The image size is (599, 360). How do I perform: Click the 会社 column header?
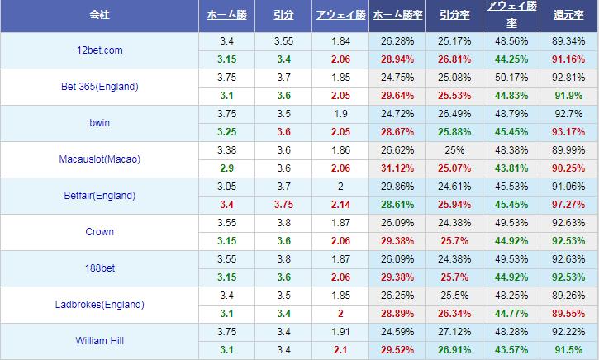click(99, 15)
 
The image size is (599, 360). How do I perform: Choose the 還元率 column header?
click(568, 15)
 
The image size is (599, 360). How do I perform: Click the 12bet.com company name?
click(99, 50)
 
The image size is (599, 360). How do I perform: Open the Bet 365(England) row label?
click(99, 87)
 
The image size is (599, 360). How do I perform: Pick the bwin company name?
click(99, 123)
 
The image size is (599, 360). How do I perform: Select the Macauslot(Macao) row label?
click(99, 159)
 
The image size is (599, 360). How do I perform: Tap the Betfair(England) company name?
click(99, 196)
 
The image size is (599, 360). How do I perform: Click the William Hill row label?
click(99, 340)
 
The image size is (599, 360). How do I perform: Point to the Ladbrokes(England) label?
click(99, 305)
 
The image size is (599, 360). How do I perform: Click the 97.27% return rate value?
click(568, 204)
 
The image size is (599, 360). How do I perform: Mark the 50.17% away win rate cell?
click(509, 78)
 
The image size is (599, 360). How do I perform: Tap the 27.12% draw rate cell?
click(454, 331)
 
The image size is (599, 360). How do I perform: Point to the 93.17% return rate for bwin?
click(568, 132)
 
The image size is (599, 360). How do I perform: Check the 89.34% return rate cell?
click(568, 41)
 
